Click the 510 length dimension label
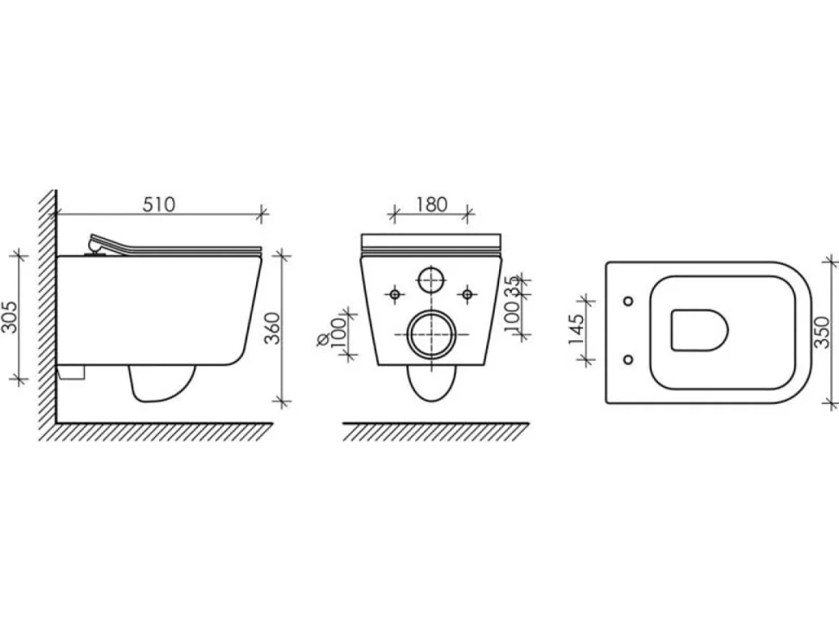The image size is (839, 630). pos(159,204)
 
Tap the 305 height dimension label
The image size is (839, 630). pos(10,317)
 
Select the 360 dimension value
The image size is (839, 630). pos(272,328)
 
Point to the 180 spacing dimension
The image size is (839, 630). pos(432,204)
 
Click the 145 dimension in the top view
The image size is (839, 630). pos(575,329)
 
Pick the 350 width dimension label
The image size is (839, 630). pos(823,332)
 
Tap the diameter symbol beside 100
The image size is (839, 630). pos(323,340)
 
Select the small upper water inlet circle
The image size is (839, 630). pos(431,280)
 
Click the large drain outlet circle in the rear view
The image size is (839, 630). pos(432,335)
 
